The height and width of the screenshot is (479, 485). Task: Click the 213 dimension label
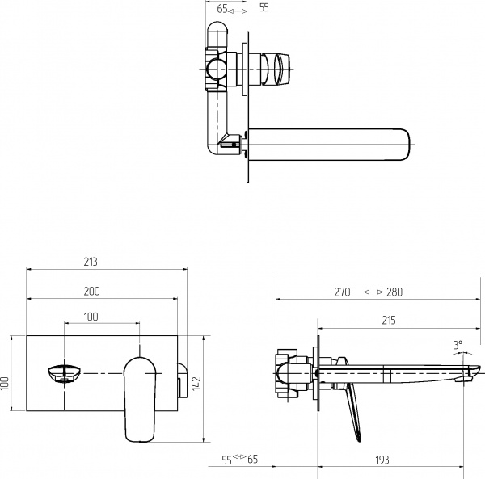91,262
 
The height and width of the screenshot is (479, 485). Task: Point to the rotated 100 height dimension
5,383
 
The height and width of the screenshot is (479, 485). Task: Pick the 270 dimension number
342,292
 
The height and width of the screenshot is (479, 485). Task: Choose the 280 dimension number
394,292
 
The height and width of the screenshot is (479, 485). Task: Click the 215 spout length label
388,321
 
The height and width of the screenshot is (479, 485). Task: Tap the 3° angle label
458,345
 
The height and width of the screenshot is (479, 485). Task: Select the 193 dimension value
382,460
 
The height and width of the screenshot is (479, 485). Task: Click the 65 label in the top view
221,9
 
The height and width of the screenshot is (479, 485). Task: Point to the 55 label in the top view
264,9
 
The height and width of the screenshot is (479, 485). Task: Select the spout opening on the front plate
65,374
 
